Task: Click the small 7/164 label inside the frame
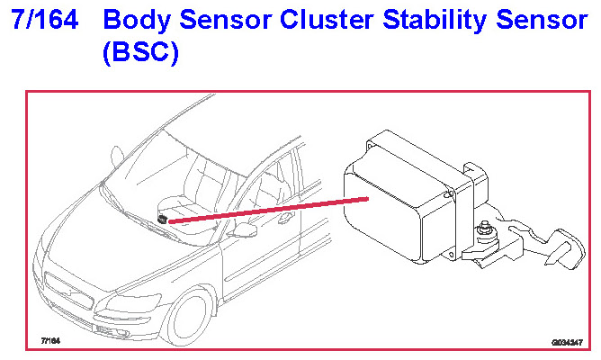click(49, 342)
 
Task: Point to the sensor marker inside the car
click(162, 219)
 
